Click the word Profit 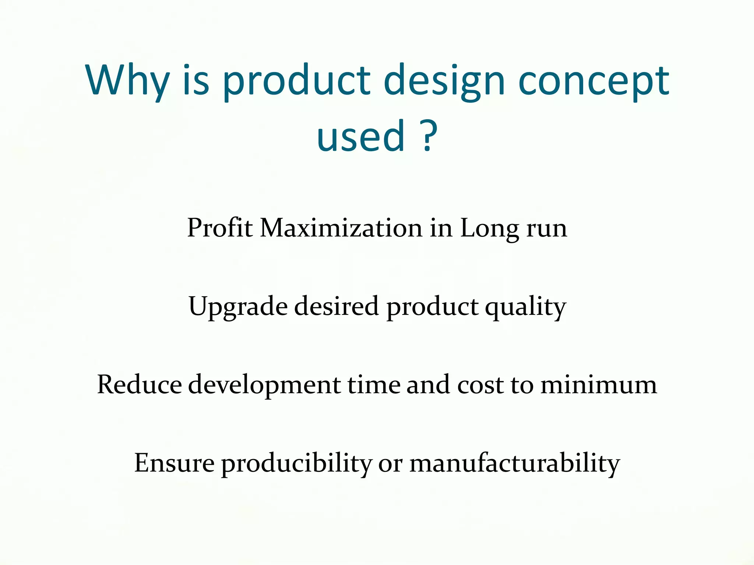tap(220, 228)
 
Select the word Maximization tap(341, 228)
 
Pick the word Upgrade tap(238, 307)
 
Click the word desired tap(336, 306)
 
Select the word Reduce tap(139, 385)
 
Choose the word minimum tap(598, 385)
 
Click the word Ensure tap(174, 463)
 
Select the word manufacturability tap(515, 463)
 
